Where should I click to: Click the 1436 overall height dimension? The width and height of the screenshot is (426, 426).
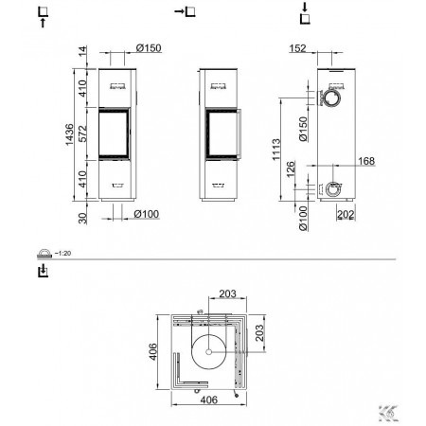[x=69, y=134]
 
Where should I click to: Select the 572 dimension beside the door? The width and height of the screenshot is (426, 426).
[x=82, y=133]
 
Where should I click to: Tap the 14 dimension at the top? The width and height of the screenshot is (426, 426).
[x=82, y=51]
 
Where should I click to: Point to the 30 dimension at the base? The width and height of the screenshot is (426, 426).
[x=82, y=219]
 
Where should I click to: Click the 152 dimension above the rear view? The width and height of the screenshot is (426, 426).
[x=297, y=48]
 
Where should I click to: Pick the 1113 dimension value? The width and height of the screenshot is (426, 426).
[x=276, y=150]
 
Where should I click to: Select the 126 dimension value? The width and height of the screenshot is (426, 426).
[x=291, y=169]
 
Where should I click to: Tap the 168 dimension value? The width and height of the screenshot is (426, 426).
[x=366, y=161]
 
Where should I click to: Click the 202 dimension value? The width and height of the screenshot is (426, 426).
[x=346, y=215]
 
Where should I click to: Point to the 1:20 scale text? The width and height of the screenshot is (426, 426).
[x=62, y=253]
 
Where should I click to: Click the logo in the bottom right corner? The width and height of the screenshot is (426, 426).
[x=388, y=413]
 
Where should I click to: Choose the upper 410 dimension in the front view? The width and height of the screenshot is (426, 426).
[x=82, y=88]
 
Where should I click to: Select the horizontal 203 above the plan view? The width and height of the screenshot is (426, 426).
[x=227, y=293]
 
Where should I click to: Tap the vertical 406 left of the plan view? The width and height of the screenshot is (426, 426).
[x=152, y=352]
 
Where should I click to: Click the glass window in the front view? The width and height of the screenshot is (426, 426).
[x=114, y=133]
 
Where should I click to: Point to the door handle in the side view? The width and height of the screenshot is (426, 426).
[x=240, y=133]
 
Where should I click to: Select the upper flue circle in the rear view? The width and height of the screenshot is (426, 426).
[x=331, y=98]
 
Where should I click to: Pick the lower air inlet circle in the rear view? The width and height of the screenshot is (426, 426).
[x=333, y=189]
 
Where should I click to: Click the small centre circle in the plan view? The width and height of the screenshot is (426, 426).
[x=208, y=351]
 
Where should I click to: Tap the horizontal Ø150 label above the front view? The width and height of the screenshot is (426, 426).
[x=149, y=48]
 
